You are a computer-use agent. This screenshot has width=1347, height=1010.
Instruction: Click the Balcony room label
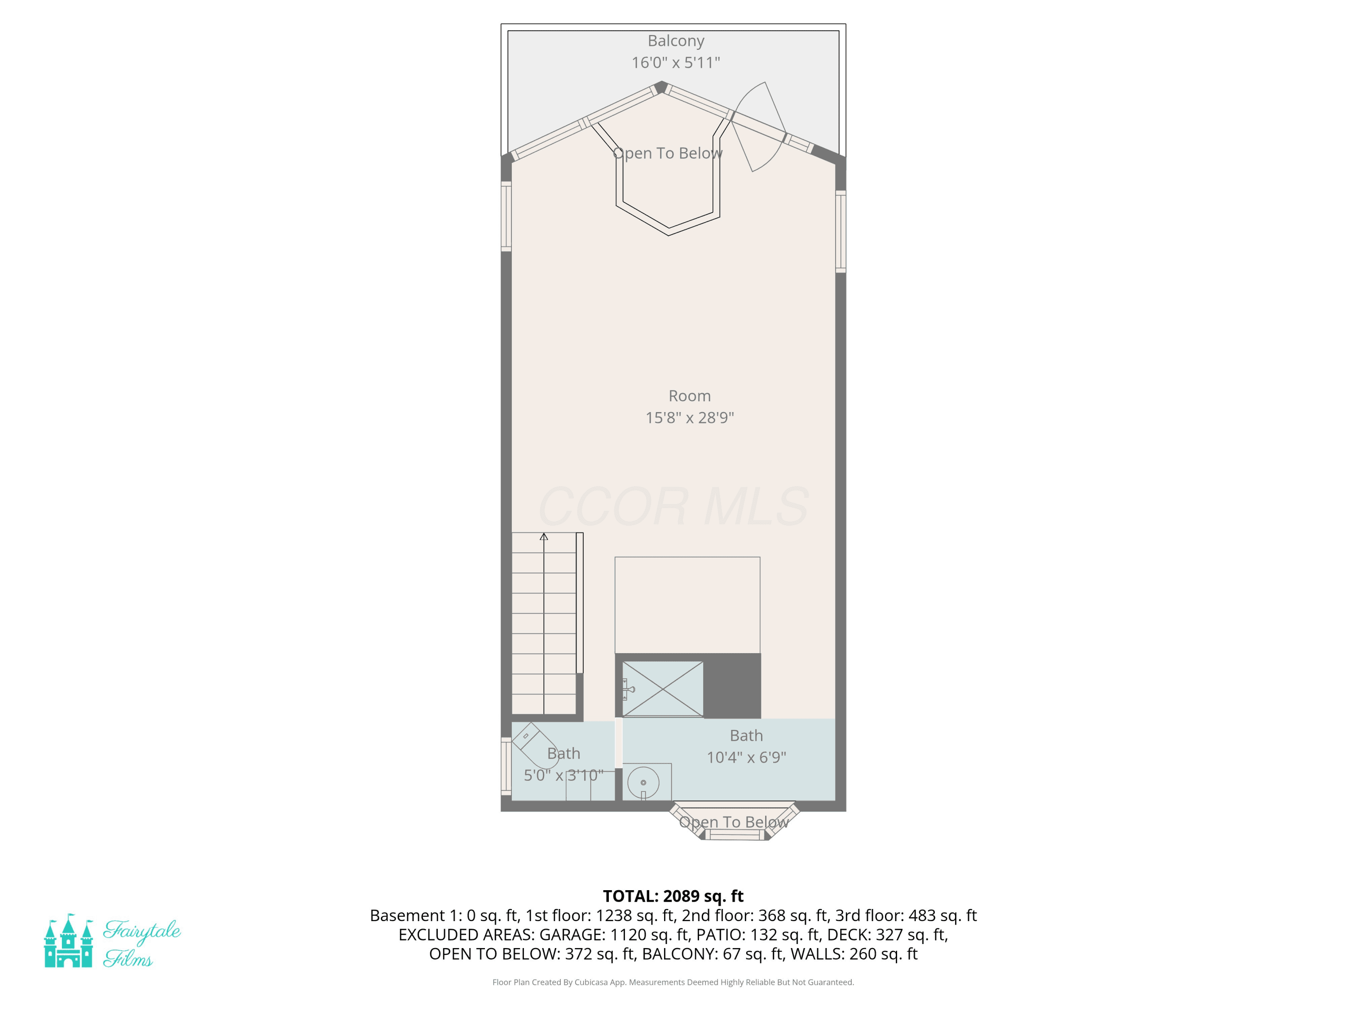[676, 41]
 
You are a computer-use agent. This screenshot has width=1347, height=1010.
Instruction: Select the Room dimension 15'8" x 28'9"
[690, 417]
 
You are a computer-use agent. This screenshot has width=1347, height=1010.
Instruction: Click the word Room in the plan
[690, 396]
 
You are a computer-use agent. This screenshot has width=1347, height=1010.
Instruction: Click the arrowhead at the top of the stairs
[544, 536]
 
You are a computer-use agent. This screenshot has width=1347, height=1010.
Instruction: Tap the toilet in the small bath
[535, 746]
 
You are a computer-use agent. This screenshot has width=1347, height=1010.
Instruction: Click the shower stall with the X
[663, 689]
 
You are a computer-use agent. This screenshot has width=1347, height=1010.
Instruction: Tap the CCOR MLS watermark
[673, 506]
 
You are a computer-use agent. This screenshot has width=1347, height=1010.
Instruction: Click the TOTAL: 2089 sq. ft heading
[673, 896]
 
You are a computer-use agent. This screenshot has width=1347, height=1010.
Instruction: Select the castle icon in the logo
[68, 940]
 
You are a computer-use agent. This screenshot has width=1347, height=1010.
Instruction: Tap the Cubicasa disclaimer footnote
[673, 982]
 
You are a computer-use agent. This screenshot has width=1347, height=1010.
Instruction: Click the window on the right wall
[841, 231]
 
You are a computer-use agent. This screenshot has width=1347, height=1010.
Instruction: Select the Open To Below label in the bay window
[734, 822]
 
